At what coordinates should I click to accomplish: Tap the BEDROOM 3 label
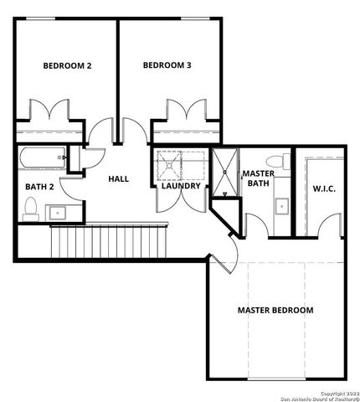coord(167,65)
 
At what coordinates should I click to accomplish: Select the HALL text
coord(118,178)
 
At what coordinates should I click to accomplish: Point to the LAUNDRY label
coord(181,186)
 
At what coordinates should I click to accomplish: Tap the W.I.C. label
coord(323,188)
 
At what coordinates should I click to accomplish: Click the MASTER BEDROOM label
coord(275,310)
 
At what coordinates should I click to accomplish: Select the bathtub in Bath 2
coord(42,157)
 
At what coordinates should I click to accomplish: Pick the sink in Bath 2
coord(58,213)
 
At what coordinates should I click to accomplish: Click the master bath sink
coord(280,204)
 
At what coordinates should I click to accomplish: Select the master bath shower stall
coord(224,172)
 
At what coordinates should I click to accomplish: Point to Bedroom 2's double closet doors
coord(49,111)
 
